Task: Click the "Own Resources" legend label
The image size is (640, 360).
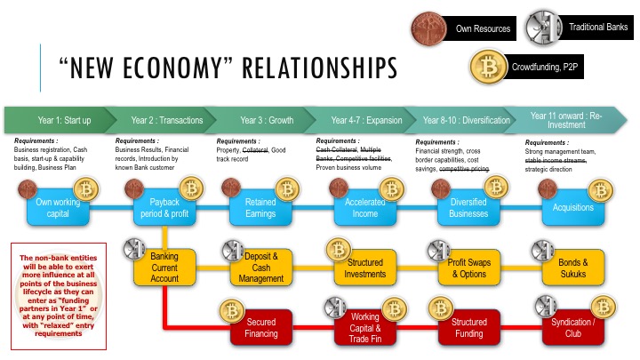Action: (x=482, y=29)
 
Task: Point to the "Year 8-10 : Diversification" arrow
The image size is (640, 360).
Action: (x=466, y=120)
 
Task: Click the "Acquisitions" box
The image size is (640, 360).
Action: (x=573, y=207)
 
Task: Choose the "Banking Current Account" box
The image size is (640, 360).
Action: (x=164, y=268)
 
